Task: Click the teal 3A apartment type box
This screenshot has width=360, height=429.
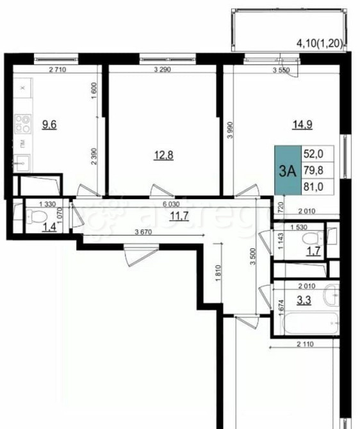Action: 288,170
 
